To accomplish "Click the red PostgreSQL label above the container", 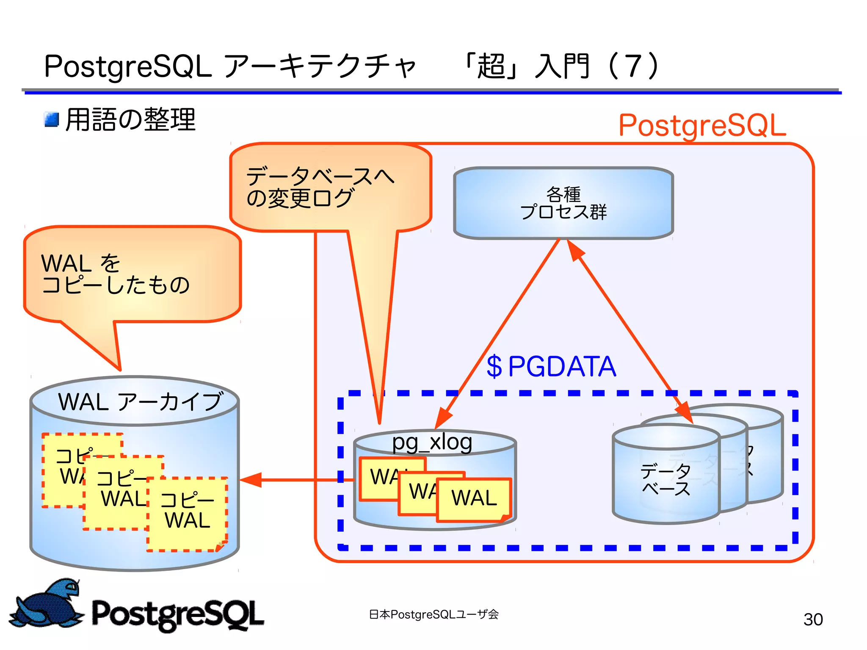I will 702,126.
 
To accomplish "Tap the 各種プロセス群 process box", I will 563,203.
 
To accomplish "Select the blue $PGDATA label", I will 551,366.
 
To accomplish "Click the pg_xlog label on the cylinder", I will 432,442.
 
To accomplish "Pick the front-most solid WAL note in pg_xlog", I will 474,498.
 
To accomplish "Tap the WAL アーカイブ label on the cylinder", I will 140,401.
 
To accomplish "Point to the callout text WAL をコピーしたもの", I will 114,274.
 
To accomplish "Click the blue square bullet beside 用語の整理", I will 52,119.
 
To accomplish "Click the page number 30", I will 813,619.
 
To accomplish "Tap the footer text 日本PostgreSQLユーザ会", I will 433,614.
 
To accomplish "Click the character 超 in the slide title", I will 491,66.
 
